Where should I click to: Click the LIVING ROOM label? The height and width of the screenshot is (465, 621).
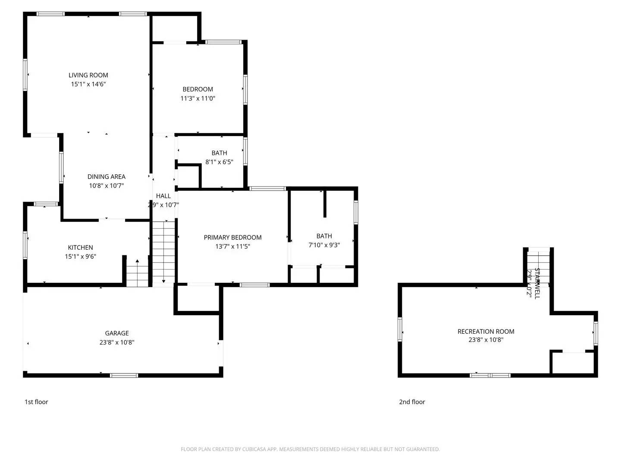coord(88,75)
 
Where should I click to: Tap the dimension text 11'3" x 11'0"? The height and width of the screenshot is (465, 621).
coord(198,99)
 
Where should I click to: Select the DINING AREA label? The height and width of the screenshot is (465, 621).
coord(106,177)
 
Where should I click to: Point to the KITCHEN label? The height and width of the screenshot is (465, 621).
coord(80,248)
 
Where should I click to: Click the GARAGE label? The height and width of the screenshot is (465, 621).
coord(117,333)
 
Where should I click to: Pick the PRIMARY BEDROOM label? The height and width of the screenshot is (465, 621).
coord(232,238)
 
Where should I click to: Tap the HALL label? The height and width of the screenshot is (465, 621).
coord(163,196)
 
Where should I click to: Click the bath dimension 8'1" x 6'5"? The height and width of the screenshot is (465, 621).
coord(219,162)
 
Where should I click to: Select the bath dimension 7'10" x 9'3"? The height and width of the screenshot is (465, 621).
coord(324,245)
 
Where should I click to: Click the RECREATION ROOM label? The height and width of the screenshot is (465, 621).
coord(486,332)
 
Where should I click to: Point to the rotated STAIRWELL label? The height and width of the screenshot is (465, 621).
coord(537,283)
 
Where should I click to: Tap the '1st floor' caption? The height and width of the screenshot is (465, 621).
coord(36,402)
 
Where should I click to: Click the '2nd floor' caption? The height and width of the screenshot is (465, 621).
coord(412,402)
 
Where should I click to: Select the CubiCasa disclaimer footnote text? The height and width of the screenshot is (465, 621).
coord(310,449)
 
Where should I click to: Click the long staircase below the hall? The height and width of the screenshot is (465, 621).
coord(163,252)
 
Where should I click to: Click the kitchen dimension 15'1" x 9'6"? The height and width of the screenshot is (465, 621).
coord(80,257)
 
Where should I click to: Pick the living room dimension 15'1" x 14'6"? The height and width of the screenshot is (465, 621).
coord(88,84)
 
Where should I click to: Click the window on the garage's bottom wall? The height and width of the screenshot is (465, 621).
coord(124,375)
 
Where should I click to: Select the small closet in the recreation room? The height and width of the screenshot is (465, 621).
coord(573,363)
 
